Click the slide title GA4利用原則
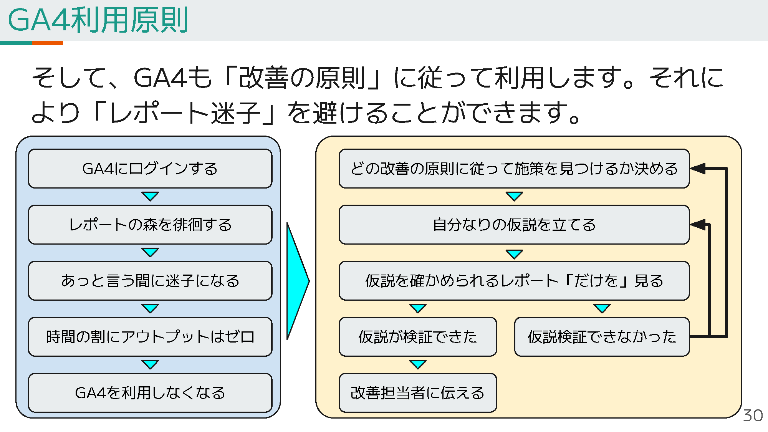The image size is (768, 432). pyautogui.click(x=98, y=20)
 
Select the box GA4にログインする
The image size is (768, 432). pyautogui.click(x=150, y=169)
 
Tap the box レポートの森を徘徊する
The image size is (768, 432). pyautogui.click(x=150, y=225)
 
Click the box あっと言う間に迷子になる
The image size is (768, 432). pyautogui.click(x=150, y=281)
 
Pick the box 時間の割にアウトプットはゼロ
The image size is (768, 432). pyautogui.click(x=150, y=337)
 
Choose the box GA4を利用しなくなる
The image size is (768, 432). pyautogui.click(x=150, y=393)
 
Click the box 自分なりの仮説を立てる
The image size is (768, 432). pyautogui.click(x=514, y=225)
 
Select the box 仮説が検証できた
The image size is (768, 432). pyautogui.click(x=418, y=337)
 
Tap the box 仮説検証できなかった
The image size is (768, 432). pyautogui.click(x=602, y=337)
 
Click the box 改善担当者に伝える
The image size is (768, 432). pyautogui.click(x=418, y=393)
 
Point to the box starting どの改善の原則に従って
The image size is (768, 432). pyautogui.click(x=514, y=169)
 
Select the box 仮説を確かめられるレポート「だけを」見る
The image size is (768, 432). pyautogui.click(x=514, y=281)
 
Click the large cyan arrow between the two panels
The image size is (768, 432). pyautogui.click(x=297, y=281)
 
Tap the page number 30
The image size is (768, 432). pyautogui.click(x=753, y=415)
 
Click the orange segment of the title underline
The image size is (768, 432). pyautogui.click(x=47, y=43)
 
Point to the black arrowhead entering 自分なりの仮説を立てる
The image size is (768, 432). pyautogui.click(x=698, y=224)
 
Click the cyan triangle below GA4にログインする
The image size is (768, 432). pyautogui.click(x=150, y=196)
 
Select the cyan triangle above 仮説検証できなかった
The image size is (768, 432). pyautogui.click(x=602, y=308)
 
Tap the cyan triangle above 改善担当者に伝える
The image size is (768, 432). pyautogui.click(x=418, y=364)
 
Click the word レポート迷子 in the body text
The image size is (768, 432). pyautogui.click(x=185, y=113)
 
